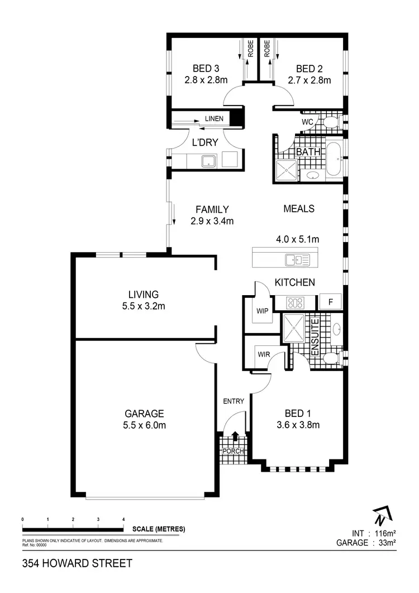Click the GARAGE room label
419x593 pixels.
tap(144, 414)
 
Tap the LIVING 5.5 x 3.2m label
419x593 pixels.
tap(144, 294)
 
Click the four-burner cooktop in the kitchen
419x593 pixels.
tap(295, 303)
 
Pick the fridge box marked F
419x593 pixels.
tap(330, 302)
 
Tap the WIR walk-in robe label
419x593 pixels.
tap(263, 353)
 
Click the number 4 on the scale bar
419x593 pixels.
tap(123, 519)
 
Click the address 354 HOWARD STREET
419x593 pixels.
tap(77, 563)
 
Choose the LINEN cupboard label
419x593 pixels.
tap(214, 118)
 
